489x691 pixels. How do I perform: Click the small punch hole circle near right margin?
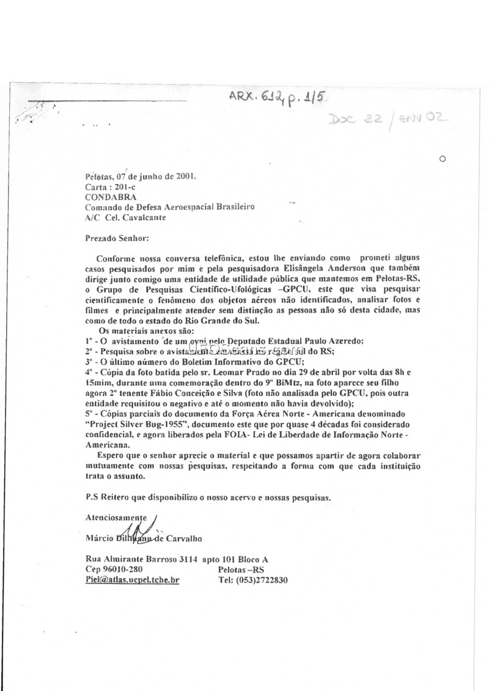point(443,158)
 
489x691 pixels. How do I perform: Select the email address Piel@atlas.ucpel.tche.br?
point(132,580)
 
